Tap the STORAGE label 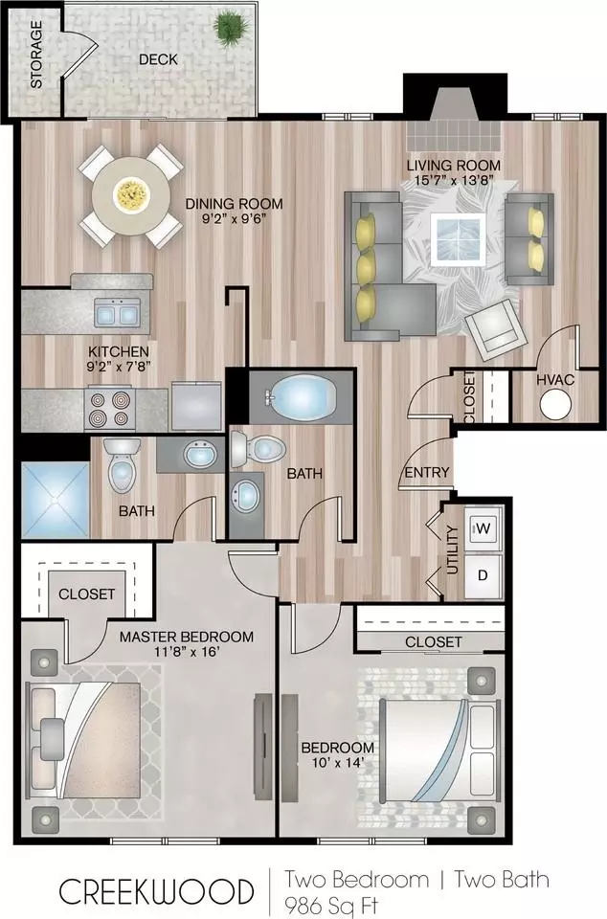coord(36,55)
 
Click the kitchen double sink coord(118,313)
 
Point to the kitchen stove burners coord(110,409)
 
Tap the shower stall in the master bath coord(56,500)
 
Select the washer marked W coord(483,528)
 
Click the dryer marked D coord(483,575)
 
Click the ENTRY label coord(427,472)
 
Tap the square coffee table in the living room coord(458,238)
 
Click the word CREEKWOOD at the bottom coord(156,892)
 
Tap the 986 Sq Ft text coord(330,906)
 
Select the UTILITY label coord(452,549)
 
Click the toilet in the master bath coord(123,464)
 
